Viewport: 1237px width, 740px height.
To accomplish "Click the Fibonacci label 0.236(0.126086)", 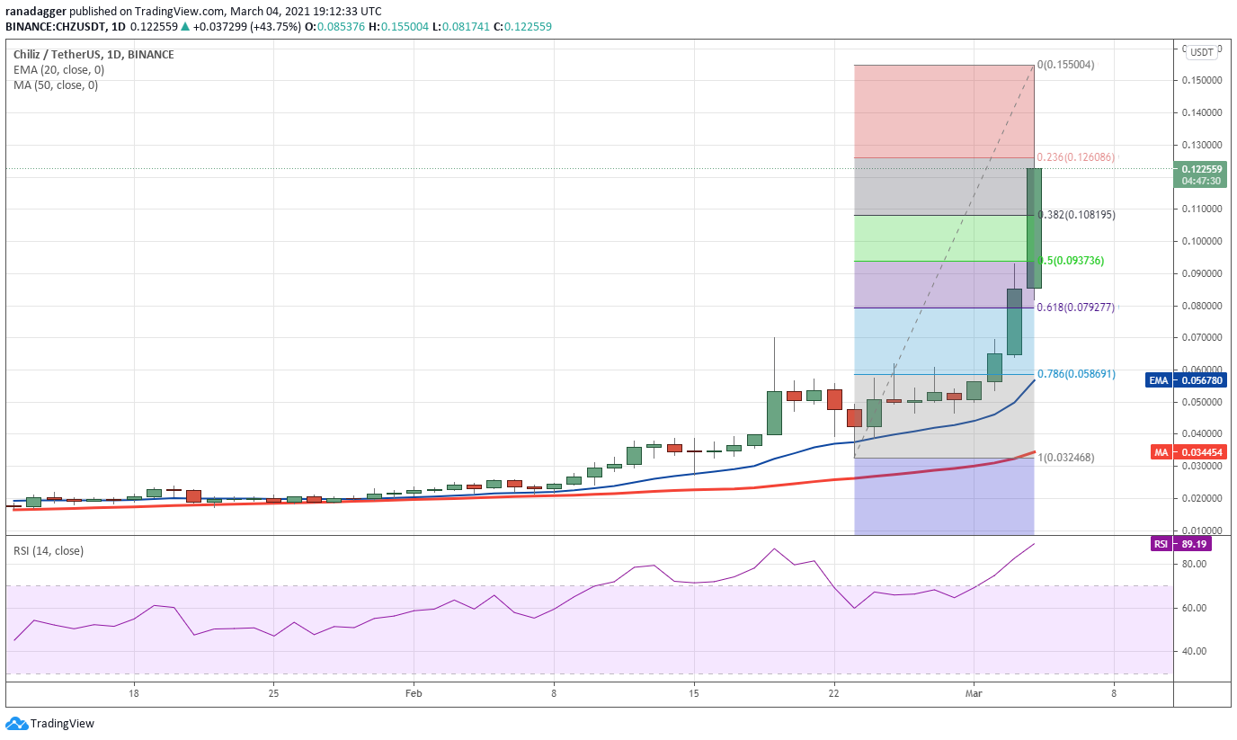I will tap(1075, 157).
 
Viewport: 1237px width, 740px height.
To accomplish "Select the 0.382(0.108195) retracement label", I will tap(1076, 215).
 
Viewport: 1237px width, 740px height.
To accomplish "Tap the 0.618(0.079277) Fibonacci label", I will tap(1076, 308).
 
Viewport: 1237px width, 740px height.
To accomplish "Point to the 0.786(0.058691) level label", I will tap(1076, 374).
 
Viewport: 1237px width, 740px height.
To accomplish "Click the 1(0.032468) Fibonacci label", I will tap(1066, 458).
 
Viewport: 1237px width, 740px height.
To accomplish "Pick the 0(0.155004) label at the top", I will tap(1065, 65).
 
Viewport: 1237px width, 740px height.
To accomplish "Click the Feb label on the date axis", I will tap(414, 693).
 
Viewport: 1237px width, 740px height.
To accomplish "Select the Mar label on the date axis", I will tap(974, 693).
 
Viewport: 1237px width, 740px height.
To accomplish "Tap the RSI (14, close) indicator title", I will tap(49, 551).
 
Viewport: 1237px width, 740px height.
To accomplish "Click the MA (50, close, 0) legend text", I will tap(56, 85).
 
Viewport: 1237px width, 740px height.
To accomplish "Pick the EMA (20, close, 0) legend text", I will tap(58, 70).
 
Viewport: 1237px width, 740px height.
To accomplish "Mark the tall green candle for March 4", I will tap(1034, 227).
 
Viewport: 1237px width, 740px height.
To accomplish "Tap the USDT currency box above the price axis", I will tap(1202, 53).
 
